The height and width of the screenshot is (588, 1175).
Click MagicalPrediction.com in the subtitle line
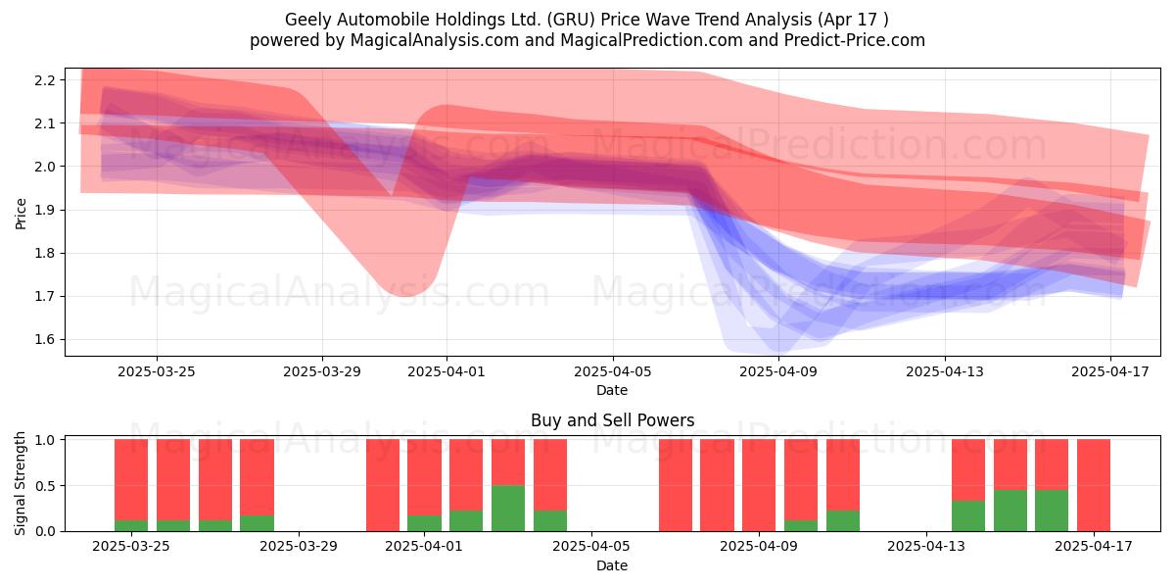[651, 40]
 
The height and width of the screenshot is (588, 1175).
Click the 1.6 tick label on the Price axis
[44, 340]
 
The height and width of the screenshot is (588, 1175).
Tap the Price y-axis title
[21, 214]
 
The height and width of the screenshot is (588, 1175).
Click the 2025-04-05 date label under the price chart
[613, 371]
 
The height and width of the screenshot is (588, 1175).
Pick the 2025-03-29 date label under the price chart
[322, 371]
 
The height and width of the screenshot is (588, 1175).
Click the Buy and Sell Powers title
[612, 420]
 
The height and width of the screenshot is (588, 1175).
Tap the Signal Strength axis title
[20, 483]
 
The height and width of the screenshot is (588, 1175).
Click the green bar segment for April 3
[508, 509]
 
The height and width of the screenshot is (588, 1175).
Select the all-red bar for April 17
[1094, 485]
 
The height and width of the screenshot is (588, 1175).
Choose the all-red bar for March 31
[383, 485]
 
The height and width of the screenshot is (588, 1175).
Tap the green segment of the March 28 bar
[257, 523]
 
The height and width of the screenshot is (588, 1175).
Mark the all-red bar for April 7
[676, 485]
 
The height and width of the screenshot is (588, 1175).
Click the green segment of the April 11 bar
[843, 520]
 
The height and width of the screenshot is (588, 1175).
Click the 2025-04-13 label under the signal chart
[926, 547]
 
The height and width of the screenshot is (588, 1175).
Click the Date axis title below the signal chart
[612, 565]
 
